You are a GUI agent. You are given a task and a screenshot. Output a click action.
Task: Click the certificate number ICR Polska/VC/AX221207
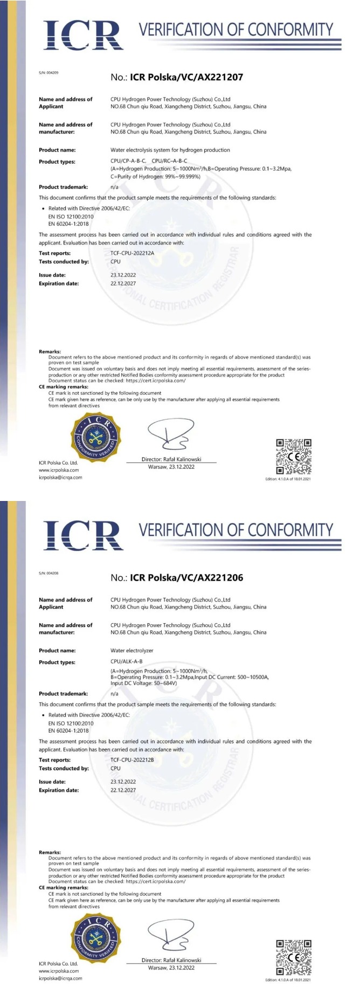186,77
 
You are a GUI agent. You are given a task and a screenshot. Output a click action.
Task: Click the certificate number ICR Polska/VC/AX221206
186,577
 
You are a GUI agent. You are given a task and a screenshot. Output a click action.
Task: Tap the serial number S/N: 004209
49,72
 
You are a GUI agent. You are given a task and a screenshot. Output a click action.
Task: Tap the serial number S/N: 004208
49,573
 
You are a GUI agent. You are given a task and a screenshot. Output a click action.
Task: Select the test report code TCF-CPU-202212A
132,253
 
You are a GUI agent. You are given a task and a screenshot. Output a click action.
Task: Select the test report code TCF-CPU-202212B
132,760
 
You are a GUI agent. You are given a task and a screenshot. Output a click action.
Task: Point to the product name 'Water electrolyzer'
131,650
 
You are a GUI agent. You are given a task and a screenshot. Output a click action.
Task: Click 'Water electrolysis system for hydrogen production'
170,150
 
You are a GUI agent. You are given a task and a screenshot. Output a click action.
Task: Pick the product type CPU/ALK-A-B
126,661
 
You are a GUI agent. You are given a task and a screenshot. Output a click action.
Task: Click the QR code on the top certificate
294,456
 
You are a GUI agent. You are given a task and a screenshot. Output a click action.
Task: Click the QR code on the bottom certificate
294,957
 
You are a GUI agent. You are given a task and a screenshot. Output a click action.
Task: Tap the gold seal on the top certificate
96,436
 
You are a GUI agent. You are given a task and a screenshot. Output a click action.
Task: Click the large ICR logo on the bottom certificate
83,535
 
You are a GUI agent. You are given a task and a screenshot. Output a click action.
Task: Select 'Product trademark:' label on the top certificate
63,187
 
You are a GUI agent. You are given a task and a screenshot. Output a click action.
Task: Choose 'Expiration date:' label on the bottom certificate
58,790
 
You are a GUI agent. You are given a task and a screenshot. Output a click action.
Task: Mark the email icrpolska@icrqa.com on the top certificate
60,477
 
